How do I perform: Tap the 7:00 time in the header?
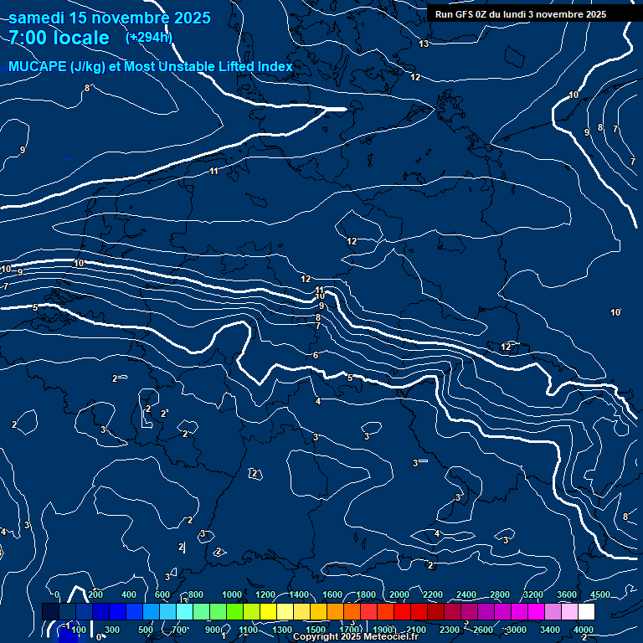pyautogui.click(x=31, y=38)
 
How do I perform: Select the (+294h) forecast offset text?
pyautogui.click(x=148, y=38)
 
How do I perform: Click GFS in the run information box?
pyautogui.click(x=468, y=14)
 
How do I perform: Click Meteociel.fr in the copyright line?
pyautogui.click(x=395, y=637)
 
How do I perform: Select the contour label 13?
pyautogui.click(x=424, y=44)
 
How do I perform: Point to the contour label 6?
pyautogui.click(x=316, y=356)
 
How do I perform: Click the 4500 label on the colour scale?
pyautogui.click(x=600, y=594)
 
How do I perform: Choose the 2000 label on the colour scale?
pyautogui.click(x=399, y=594)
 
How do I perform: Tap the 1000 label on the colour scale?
pyautogui.click(x=232, y=594)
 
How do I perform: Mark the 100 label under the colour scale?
pyautogui.click(x=79, y=630)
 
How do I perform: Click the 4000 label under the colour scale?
pyautogui.click(x=584, y=630)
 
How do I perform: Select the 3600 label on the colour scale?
pyautogui.click(x=567, y=594)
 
